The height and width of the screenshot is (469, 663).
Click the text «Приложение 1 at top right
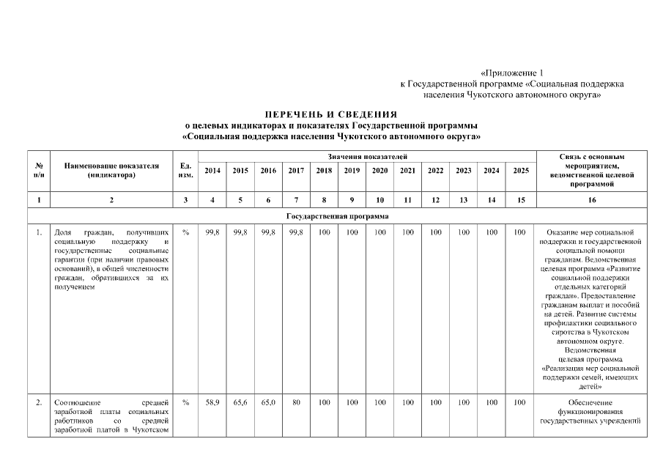(x=512, y=73)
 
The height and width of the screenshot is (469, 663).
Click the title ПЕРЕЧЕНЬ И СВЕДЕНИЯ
(x=331, y=115)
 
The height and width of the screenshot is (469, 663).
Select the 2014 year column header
(x=212, y=171)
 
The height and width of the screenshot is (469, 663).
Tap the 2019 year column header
(x=352, y=171)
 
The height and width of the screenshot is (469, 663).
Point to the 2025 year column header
(x=519, y=171)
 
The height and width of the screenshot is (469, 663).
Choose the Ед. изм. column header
(x=185, y=170)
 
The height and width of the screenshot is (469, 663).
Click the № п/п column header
(x=38, y=170)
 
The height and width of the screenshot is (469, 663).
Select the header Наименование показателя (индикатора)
(x=111, y=170)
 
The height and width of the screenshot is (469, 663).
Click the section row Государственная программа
(x=331, y=216)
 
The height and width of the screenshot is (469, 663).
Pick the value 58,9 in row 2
(x=212, y=402)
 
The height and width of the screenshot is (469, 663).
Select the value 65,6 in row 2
(x=240, y=402)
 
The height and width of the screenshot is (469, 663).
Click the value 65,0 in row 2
(x=268, y=402)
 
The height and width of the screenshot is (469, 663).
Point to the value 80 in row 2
(x=296, y=402)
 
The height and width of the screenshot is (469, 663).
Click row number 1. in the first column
(x=38, y=232)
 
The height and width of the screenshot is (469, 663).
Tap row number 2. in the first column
(x=38, y=402)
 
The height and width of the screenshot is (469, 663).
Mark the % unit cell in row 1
(x=185, y=232)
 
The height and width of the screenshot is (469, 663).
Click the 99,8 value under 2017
(x=296, y=232)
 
